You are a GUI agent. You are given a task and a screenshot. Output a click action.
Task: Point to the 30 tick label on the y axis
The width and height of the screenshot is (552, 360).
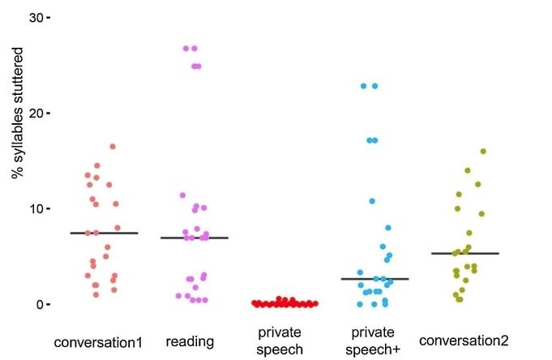(34, 17)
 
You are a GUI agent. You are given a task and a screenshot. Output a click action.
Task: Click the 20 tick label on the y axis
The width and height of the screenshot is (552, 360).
(34, 113)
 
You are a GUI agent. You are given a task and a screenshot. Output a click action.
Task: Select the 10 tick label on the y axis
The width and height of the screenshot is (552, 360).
(34, 208)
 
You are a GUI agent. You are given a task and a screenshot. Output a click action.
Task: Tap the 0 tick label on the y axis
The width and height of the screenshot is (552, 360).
(38, 304)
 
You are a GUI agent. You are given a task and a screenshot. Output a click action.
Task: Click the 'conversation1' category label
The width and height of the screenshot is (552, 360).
(103, 341)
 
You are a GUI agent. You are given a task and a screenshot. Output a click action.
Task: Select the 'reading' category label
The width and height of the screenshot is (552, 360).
(190, 341)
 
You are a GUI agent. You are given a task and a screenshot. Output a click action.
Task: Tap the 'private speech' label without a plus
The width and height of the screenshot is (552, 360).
(280, 341)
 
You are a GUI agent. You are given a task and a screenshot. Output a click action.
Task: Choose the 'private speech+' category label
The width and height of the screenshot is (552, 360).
(373, 341)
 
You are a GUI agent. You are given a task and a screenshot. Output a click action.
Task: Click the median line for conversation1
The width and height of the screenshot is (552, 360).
(104, 233)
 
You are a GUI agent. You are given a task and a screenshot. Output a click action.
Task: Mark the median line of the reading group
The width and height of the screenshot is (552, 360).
(194, 238)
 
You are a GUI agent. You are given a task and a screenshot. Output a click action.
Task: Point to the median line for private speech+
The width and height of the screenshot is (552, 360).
(374, 279)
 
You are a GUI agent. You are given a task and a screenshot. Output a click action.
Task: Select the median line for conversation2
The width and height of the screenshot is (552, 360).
(464, 254)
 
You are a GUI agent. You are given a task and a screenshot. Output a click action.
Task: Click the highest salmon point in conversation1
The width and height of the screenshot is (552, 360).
(113, 147)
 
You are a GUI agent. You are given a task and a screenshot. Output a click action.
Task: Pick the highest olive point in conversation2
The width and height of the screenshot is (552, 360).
(483, 152)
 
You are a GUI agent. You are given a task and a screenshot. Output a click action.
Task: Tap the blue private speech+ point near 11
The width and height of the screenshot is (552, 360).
(372, 201)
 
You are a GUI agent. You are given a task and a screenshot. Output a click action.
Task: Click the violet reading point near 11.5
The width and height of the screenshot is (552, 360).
(182, 195)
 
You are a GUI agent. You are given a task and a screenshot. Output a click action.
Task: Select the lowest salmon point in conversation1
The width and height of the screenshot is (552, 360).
(96, 294)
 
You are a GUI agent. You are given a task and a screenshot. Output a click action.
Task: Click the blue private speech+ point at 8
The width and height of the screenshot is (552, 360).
(388, 228)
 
